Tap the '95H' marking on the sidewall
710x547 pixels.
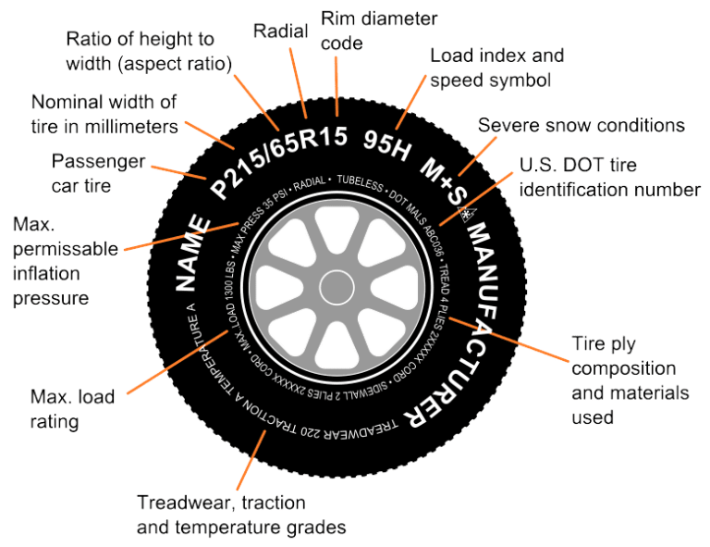386,144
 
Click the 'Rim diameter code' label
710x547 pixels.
379,30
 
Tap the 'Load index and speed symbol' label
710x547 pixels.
497,68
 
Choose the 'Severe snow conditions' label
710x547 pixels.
581,125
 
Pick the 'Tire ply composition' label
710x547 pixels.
629,379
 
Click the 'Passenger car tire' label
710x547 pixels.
98,173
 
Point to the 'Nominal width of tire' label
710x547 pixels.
104,114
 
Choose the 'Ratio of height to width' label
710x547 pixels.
148,50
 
